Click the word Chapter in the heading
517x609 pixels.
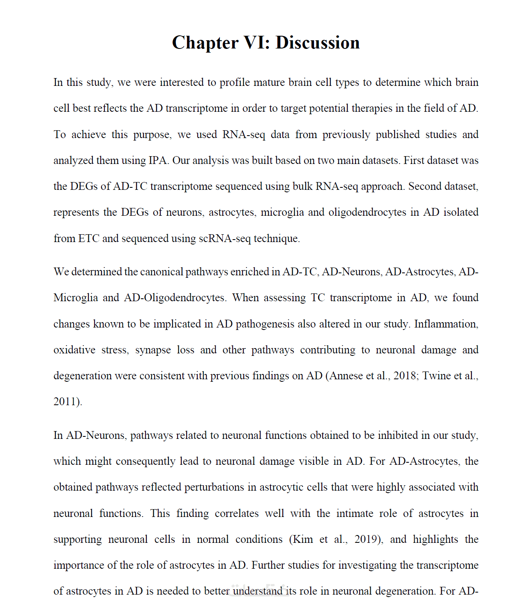[x=205, y=43]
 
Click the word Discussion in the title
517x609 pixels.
[x=317, y=43]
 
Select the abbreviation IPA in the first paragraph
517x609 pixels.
[x=157, y=160]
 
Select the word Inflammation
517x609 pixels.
[x=446, y=324]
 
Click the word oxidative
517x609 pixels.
[x=74, y=350]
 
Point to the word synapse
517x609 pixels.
[x=153, y=350]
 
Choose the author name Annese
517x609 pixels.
[x=346, y=376]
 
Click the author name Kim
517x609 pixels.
[x=303, y=539]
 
